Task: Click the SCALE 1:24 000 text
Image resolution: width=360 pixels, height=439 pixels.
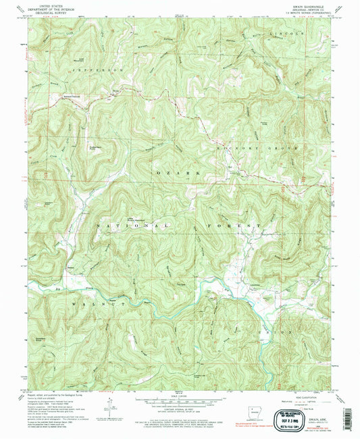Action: click(x=178, y=395)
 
